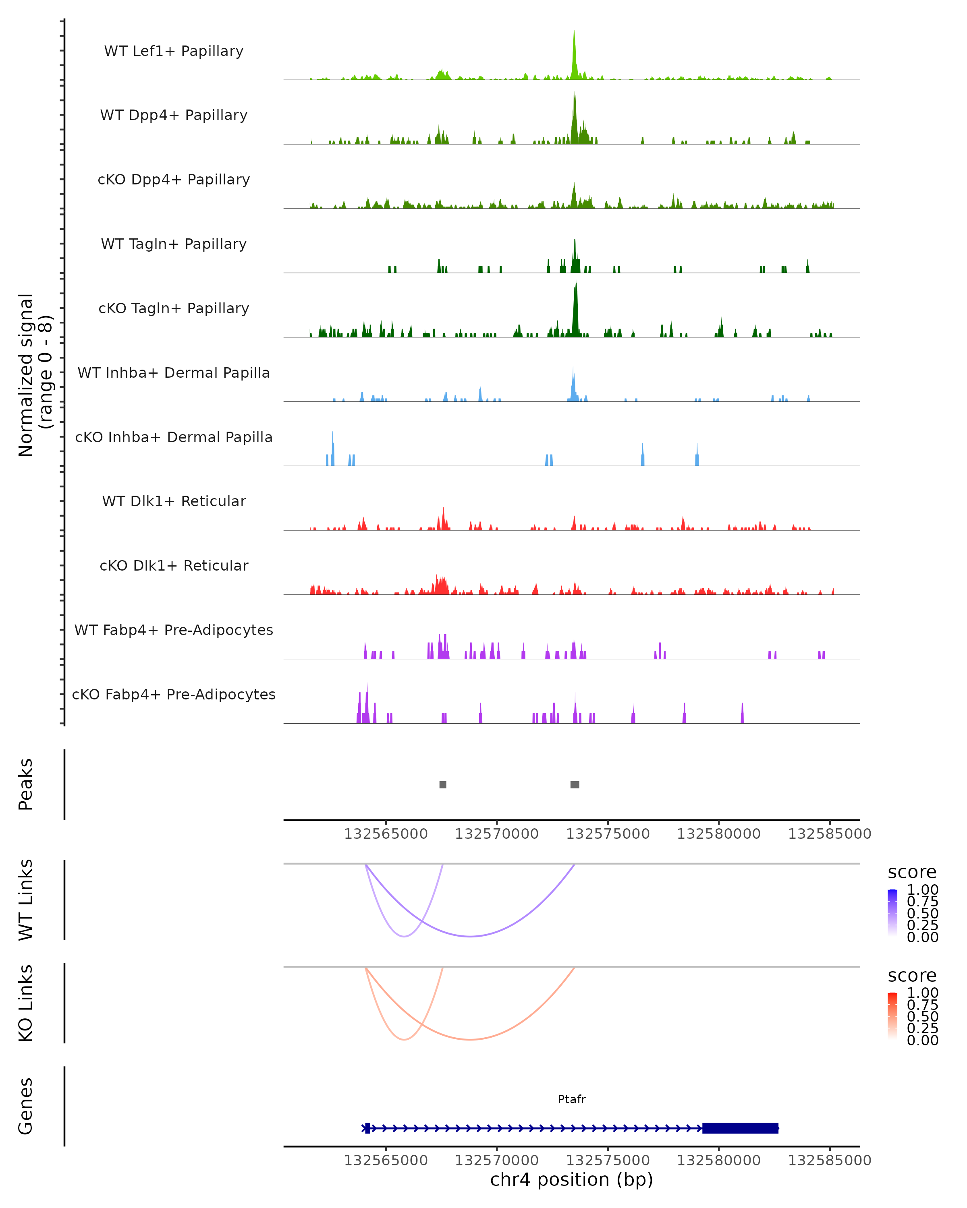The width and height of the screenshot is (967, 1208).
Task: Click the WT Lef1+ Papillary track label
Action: click(x=174, y=51)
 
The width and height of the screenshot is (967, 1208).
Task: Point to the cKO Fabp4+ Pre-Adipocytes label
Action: click(x=174, y=694)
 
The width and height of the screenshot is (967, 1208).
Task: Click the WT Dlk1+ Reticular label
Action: click(x=174, y=501)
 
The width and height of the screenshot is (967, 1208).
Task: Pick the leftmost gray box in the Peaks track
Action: click(x=443, y=784)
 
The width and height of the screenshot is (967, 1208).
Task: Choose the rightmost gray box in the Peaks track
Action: click(x=575, y=784)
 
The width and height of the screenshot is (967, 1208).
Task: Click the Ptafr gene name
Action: click(x=572, y=1099)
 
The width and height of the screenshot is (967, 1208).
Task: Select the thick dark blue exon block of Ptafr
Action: click(x=740, y=1128)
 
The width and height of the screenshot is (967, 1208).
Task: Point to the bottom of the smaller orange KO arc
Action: click(x=404, y=1039)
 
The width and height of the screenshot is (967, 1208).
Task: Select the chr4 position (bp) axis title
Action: click(x=571, y=1179)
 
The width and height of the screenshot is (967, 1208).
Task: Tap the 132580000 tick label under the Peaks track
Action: click(x=719, y=834)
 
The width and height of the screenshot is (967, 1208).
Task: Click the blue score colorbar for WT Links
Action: click(x=892, y=912)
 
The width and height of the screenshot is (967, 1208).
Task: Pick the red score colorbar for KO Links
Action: click(x=892, y=1015)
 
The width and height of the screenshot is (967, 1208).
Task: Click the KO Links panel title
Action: click(x=26, y=1003)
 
